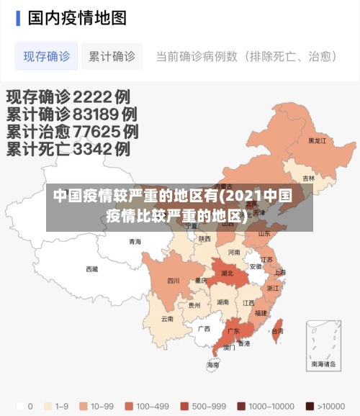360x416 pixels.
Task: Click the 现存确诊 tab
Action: coord(47,56)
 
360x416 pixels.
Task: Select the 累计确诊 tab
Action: coord(112,56)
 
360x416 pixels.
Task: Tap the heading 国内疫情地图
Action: coord(77,17)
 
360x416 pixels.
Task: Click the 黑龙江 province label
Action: coord(317,141)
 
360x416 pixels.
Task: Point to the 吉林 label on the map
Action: coord(308,178)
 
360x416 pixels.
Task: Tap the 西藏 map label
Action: coord(91,269)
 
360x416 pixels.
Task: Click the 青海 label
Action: coord(135,242)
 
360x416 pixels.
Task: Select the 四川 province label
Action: coord(174,281)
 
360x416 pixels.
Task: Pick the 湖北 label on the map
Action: coord(227,273)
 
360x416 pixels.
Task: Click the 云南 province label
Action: coord(167,318)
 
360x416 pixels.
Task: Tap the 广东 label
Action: coord(233,332)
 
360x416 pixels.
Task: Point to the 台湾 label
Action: coord(277,331)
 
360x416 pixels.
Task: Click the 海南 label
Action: coord(213,365)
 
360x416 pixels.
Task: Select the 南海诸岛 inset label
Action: coord(324,364)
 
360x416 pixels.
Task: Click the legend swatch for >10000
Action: coord(309,405)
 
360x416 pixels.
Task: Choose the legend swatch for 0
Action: coord(19,405)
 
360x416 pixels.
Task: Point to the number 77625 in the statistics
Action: coord(91,132)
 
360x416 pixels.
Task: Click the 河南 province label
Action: coord(234,253)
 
